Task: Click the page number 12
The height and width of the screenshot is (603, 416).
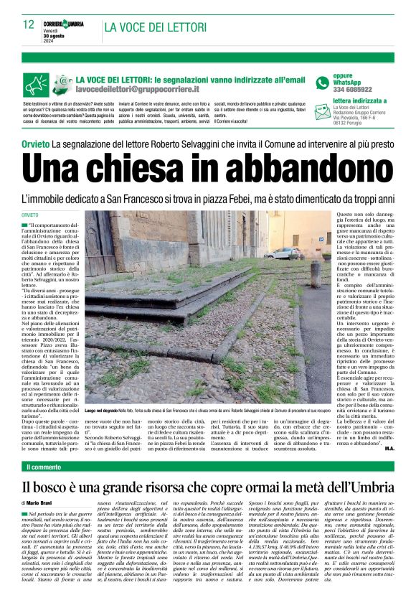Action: (x=28, y=24)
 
